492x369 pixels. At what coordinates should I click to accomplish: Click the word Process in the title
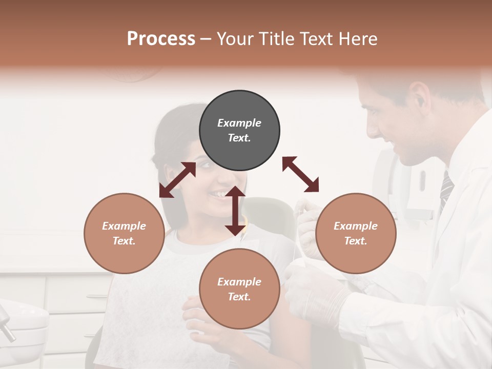point(161,39)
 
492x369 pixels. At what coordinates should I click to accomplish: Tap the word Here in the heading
point(357,39)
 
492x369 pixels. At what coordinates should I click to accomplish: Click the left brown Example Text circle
point(124,233)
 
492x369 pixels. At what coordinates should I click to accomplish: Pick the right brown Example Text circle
point(356,233)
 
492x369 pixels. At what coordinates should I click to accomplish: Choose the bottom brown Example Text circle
point(239,289)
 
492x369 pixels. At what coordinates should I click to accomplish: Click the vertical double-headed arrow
point(235,211)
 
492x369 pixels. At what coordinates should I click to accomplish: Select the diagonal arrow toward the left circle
point(177,180)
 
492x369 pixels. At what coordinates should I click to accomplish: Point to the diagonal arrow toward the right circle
point(300,174)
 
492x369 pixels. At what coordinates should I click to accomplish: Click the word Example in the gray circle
point(239,123)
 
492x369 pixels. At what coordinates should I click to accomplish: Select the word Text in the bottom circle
point(239,297)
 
